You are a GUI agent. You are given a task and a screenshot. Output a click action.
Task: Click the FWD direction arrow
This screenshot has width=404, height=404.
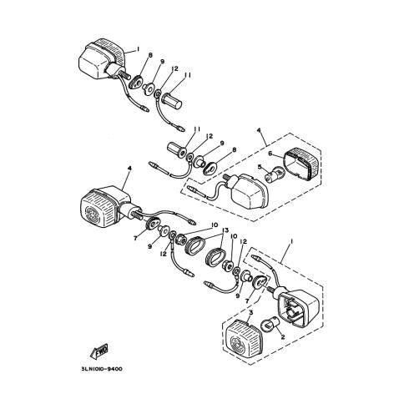[x=99, y=351]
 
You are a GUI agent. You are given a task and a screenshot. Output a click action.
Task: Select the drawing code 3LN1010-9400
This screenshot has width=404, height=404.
[x=102, y=369]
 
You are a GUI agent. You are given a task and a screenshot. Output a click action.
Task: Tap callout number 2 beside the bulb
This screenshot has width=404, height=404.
[x=283, y=337]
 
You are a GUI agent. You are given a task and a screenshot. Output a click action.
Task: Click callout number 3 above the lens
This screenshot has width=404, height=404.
[x=250, y=313]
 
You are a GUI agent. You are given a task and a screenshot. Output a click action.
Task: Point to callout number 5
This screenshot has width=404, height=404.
[x=260, y=167]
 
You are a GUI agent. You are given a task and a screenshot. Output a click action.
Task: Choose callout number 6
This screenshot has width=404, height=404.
[x=270, y=154]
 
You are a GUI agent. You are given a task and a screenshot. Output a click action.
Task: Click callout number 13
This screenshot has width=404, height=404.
[x=225, y=230]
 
